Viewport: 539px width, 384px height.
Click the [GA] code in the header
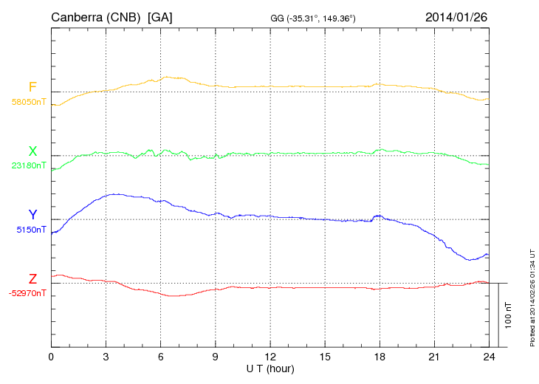point(161,17)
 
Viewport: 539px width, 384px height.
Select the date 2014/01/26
point(456,16)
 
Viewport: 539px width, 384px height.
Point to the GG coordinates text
point(314,18)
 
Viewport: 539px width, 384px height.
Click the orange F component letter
point(32,88)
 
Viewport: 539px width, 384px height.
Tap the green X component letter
point(32,151)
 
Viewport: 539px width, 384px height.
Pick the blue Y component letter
point(32,215)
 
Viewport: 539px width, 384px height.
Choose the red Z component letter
point(32,279)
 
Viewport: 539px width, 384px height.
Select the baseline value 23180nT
point(29,165)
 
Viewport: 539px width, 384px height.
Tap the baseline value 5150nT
point(32,230)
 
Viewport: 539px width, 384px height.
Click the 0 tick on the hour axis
point(51,357)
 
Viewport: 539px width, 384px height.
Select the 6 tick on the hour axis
point(160,357)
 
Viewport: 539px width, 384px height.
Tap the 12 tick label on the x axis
point(270,357)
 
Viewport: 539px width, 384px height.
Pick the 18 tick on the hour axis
point(380,357)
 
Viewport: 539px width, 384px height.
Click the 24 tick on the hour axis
point(489,357)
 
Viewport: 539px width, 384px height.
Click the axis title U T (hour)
point(270,368)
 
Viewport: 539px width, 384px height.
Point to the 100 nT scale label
point(509,315)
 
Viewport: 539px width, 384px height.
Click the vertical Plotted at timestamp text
point(532,295)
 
